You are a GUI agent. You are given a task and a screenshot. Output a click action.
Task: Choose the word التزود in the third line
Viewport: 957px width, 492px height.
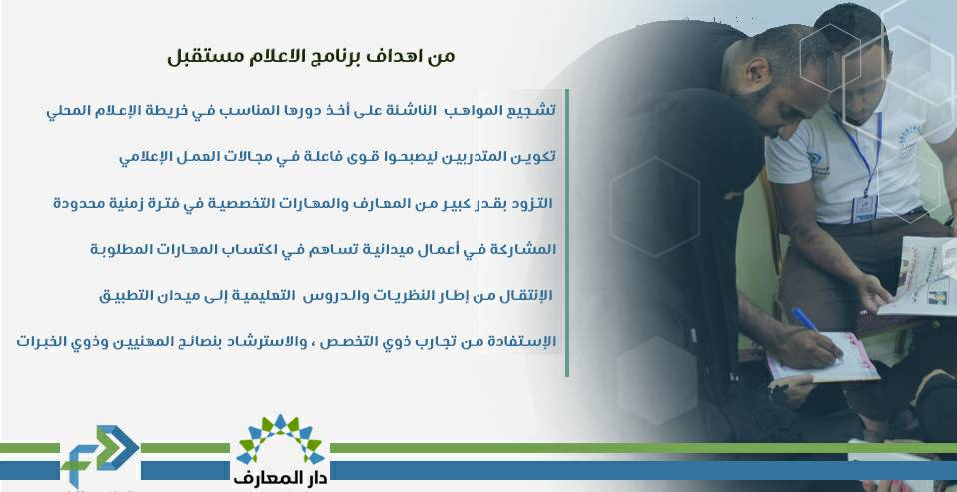click(531, 203)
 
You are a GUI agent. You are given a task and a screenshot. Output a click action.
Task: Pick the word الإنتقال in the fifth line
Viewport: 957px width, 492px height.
click(525, 295)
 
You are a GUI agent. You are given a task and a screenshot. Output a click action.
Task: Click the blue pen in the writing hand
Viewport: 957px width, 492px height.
click(804, 319)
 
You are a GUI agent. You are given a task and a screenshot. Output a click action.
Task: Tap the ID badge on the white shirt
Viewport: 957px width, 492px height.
click(863, 208)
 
